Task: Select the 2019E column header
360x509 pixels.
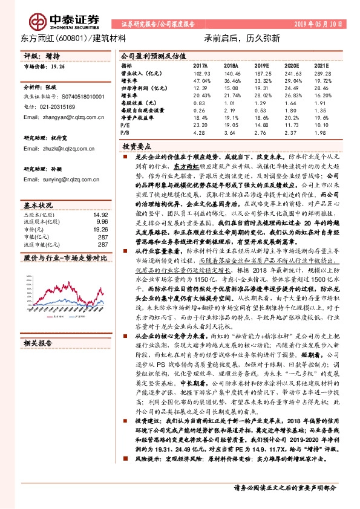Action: (261, 65)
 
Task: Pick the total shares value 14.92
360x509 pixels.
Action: (101, 215)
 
